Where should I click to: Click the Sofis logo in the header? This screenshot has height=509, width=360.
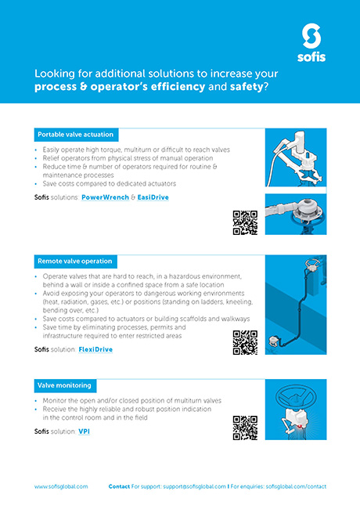point(311,43)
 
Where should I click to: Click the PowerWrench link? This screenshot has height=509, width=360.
point(105,197)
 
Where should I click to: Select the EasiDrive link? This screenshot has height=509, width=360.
point(153,197)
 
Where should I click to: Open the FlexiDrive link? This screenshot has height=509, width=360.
point(95,349)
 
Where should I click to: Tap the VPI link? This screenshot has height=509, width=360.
point(84,431)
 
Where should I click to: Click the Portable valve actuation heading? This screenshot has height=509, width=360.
point(76,135)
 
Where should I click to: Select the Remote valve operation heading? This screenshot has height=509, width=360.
point(76,262)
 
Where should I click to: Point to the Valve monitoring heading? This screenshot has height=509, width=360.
point(65,385)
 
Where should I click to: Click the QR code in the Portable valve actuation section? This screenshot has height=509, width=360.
point(245,222)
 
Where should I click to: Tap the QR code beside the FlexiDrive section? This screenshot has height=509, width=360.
point(245,342)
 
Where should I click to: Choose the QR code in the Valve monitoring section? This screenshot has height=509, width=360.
point(245,428)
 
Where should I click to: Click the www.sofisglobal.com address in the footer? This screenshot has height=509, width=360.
point(61,486)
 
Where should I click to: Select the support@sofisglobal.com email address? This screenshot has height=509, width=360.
point(194,486)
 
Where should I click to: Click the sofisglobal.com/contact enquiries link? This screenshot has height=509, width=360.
point(296,486)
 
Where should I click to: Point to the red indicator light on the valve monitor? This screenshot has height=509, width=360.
point(301,425)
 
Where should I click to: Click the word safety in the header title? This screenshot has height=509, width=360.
point(247,87)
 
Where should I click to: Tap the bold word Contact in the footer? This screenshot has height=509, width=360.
point(119,486)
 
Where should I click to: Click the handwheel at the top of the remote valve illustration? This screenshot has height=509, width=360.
point(312,264)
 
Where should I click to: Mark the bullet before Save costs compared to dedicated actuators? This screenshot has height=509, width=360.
point(36,184)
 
